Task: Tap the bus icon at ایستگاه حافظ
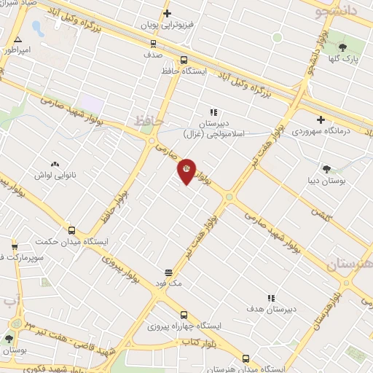(x=183, y=60)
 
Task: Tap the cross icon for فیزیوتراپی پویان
(x=167, y=13)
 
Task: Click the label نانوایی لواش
(x=55, y=175)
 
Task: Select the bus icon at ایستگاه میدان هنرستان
(x=246, y=359)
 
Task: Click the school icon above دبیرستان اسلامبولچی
(x=213, y=112)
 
